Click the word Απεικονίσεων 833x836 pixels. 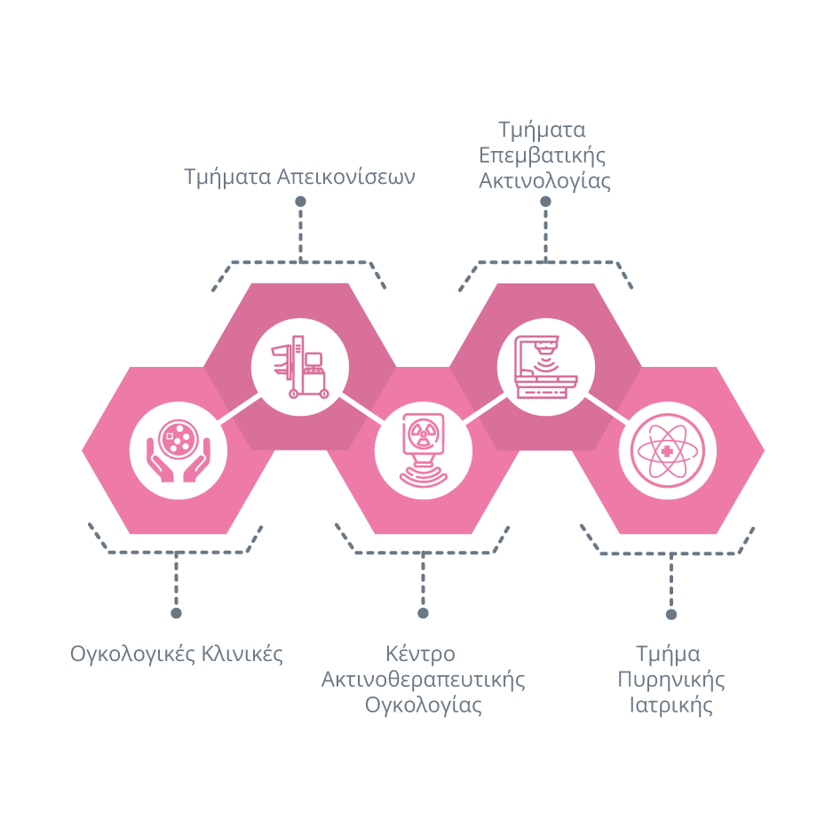[346, 177]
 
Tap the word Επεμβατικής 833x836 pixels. [543, 155]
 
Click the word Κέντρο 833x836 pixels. [420, 655]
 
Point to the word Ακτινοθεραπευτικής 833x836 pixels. [423, 681]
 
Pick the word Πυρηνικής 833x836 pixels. [671, 681]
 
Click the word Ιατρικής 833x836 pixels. [671, 706]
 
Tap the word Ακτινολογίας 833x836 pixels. [544, 181]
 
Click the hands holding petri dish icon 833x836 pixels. [178, 450]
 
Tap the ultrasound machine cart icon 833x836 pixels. [299, 366]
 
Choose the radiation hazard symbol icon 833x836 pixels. [423, 450]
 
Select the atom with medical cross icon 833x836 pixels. [667, 450]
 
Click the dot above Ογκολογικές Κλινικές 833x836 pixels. [176, 613]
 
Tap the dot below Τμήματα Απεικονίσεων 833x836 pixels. [300, 202]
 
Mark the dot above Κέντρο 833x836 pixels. [423, 613]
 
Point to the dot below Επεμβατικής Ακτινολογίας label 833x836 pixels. [545, 202]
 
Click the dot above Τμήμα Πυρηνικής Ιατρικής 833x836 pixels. [670, 613]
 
